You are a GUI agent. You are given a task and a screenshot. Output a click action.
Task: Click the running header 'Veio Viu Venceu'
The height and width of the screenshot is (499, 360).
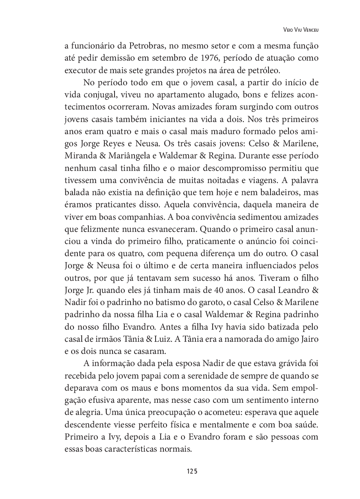(x=300, y=30)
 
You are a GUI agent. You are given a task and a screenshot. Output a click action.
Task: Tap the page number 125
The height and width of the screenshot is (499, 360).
(x=192, y=471)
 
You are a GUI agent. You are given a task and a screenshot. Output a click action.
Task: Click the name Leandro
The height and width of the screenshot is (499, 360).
(x=292, y=290)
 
